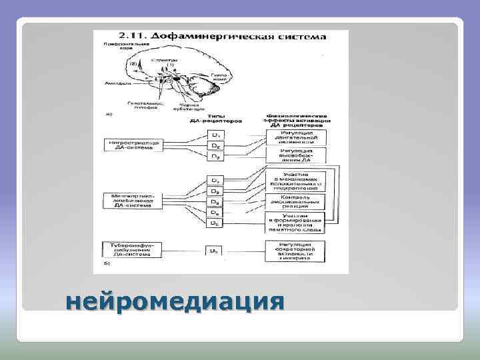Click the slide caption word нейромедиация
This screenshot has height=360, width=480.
pyautogui.click(x=175, y=301)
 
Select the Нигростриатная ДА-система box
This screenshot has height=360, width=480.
pyautogui.click(x=131, y=146)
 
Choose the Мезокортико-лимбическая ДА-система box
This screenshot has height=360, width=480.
pyautogui.click(x=131, y=199)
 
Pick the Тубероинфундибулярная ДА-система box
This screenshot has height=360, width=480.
pyautogui.click(x=131, y=248)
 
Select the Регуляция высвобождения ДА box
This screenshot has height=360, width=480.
pyautogui.click(x=294, y=156)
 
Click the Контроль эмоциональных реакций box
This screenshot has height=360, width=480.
pyautogui.click(x=294, y=201)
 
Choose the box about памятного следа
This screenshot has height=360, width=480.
pyautogui.click(x=294, y=223)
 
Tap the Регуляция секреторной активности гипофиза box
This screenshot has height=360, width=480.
pyautogui.click(x=294, y=250)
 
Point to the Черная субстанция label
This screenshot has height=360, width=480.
pyautogui.click(x=191, y=106)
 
